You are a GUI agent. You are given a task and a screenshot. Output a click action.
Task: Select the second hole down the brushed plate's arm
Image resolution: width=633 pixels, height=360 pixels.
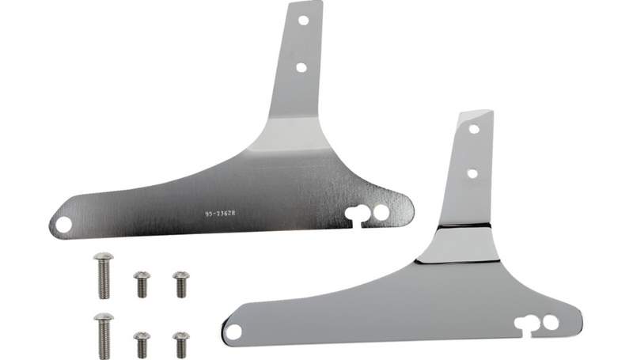click(301, 67)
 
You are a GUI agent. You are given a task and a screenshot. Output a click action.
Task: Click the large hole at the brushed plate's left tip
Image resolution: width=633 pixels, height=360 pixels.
click(63, 225)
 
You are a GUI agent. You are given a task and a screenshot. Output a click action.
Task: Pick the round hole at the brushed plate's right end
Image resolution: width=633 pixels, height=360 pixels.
click(381, 212)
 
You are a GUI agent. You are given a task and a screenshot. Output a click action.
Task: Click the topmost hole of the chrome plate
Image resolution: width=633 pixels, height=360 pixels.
click(473, 128)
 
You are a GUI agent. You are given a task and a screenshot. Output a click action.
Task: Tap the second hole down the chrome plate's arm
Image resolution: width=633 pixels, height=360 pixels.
click(472, 172)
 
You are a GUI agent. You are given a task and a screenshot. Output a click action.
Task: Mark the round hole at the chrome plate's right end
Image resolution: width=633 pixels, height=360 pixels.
click(550, 322)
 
